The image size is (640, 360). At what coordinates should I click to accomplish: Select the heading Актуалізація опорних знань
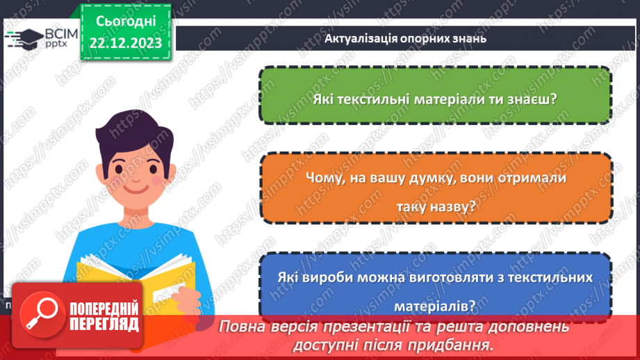(x=405, y=38)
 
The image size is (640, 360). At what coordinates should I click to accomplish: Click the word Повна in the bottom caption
(x=245, y=326)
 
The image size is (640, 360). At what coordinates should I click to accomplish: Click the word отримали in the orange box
(x=533, y=178)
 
